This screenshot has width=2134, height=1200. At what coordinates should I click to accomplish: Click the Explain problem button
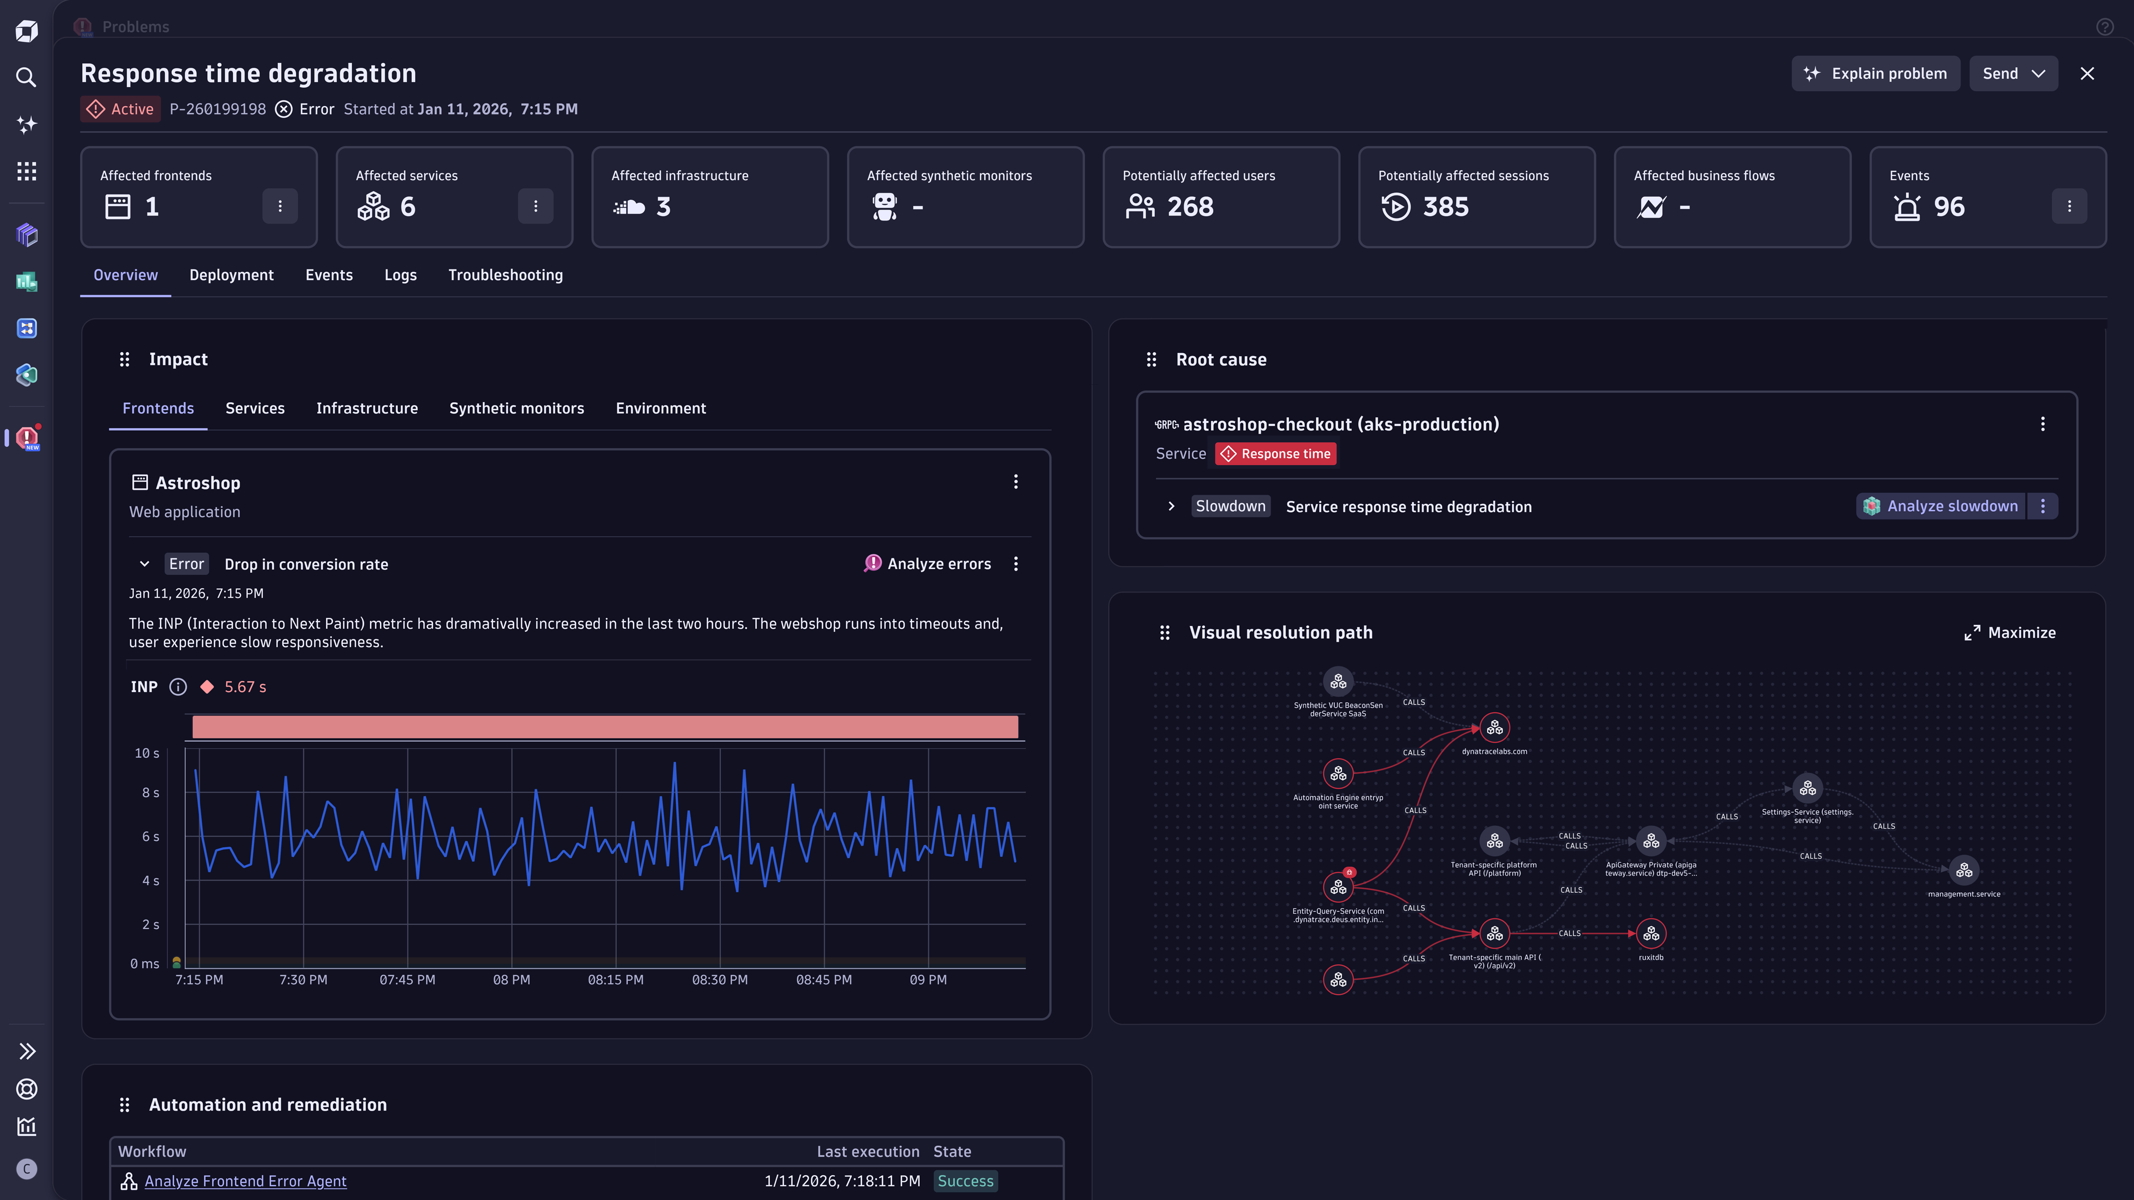(1876, 74)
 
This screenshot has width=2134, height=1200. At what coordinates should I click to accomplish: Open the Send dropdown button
(2013, 74)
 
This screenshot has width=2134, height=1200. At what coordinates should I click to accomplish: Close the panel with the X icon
(2087, 74)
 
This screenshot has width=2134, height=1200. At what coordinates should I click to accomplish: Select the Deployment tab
(231, 275)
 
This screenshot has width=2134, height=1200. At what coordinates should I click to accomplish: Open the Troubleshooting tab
(505, 275)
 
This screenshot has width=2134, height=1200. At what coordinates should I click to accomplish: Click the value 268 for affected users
(1190, 206)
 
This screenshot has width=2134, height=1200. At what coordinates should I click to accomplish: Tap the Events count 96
(1948, 206)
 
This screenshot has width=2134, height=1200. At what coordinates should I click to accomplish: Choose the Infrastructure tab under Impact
(367, 408)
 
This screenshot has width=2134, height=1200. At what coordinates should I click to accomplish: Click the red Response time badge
(1276, 454)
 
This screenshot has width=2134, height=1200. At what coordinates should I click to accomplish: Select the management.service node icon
(1964, 871)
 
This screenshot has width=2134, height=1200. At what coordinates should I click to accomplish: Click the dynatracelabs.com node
(1494, 728)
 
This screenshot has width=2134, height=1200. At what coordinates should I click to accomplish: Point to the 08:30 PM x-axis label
(719, 979)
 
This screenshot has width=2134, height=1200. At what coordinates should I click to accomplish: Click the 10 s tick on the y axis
(147, 753)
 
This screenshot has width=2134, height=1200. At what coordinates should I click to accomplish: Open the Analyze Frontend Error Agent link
(245, 1181)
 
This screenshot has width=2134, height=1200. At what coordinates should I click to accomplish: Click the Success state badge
(965, 1181)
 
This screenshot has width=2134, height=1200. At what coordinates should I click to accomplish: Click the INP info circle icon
(178, 687)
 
